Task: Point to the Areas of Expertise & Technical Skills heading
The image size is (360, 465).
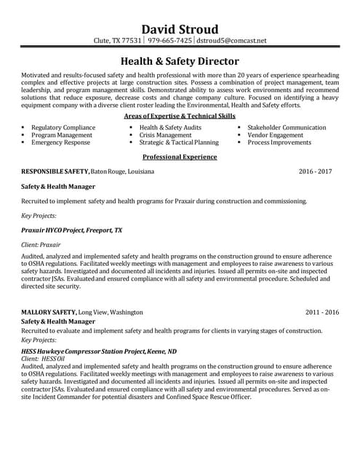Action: (x=180, y=116)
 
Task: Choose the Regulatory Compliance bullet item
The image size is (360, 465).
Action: (x=63, y=127)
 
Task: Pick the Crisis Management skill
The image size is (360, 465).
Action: (x=165, y=135)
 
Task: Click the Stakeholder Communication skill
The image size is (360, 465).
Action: (x=287, y=127)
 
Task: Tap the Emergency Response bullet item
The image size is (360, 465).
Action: (x=60, y=143)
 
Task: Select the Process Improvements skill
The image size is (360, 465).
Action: (x=279, y=143)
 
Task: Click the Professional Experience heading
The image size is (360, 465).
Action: (x=180, y=156)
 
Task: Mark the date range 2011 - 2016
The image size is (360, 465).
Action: (x=322, y=312)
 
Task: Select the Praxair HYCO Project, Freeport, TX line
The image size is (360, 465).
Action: (x=72, y=229)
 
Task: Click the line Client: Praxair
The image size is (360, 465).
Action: (x=41, y=246)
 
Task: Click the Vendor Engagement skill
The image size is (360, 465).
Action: (x=275, y=135)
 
